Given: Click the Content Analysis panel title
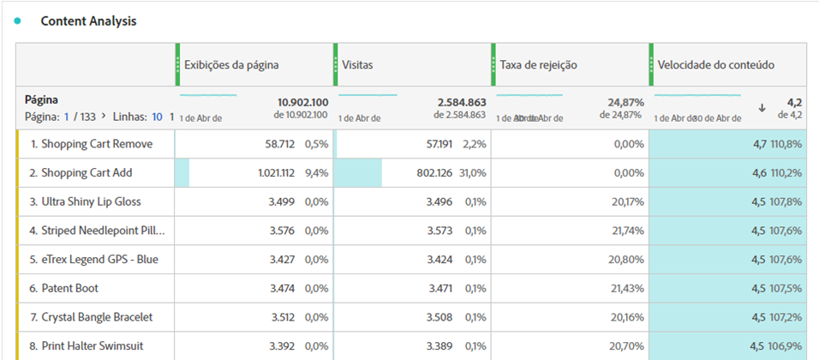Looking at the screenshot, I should (x=88, y=21).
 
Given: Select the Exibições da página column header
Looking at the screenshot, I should (x=231, y=64).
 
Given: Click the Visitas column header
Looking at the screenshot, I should (x=357, y=64).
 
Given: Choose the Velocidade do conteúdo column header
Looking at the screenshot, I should (x=716, y=64).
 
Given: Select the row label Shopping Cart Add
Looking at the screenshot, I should (x=87, y=172).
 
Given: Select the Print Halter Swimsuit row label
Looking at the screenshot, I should (x=92, y=345).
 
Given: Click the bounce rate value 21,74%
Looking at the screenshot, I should (x=625, y=231).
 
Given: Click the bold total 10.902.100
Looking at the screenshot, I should (x=302, y=102).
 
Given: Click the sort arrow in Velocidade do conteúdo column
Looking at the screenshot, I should (x=762, y=107).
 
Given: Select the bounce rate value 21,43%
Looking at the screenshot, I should (x=625, y=288).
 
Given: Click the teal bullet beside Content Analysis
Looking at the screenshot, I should (x=17, y=21).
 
